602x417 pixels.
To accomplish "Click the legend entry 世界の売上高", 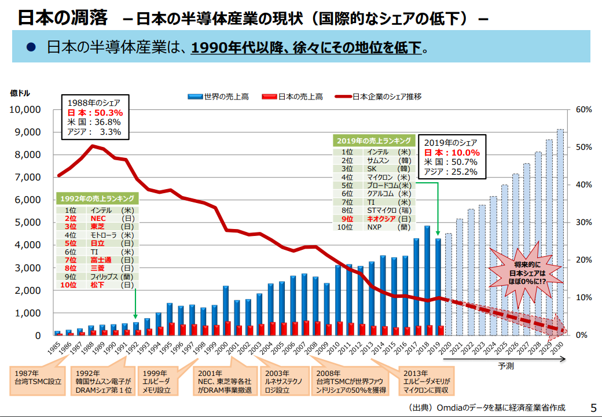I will pos(218,97).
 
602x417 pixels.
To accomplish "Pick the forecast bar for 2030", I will pos(560,231).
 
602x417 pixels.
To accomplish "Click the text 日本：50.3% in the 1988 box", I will pos(95,113).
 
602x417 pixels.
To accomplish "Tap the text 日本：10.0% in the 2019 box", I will pos(452,153).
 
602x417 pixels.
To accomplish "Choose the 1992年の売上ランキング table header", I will pos(97,198).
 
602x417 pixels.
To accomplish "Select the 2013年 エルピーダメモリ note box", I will pos(429,382).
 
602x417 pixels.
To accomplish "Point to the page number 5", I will pos(592,408).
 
